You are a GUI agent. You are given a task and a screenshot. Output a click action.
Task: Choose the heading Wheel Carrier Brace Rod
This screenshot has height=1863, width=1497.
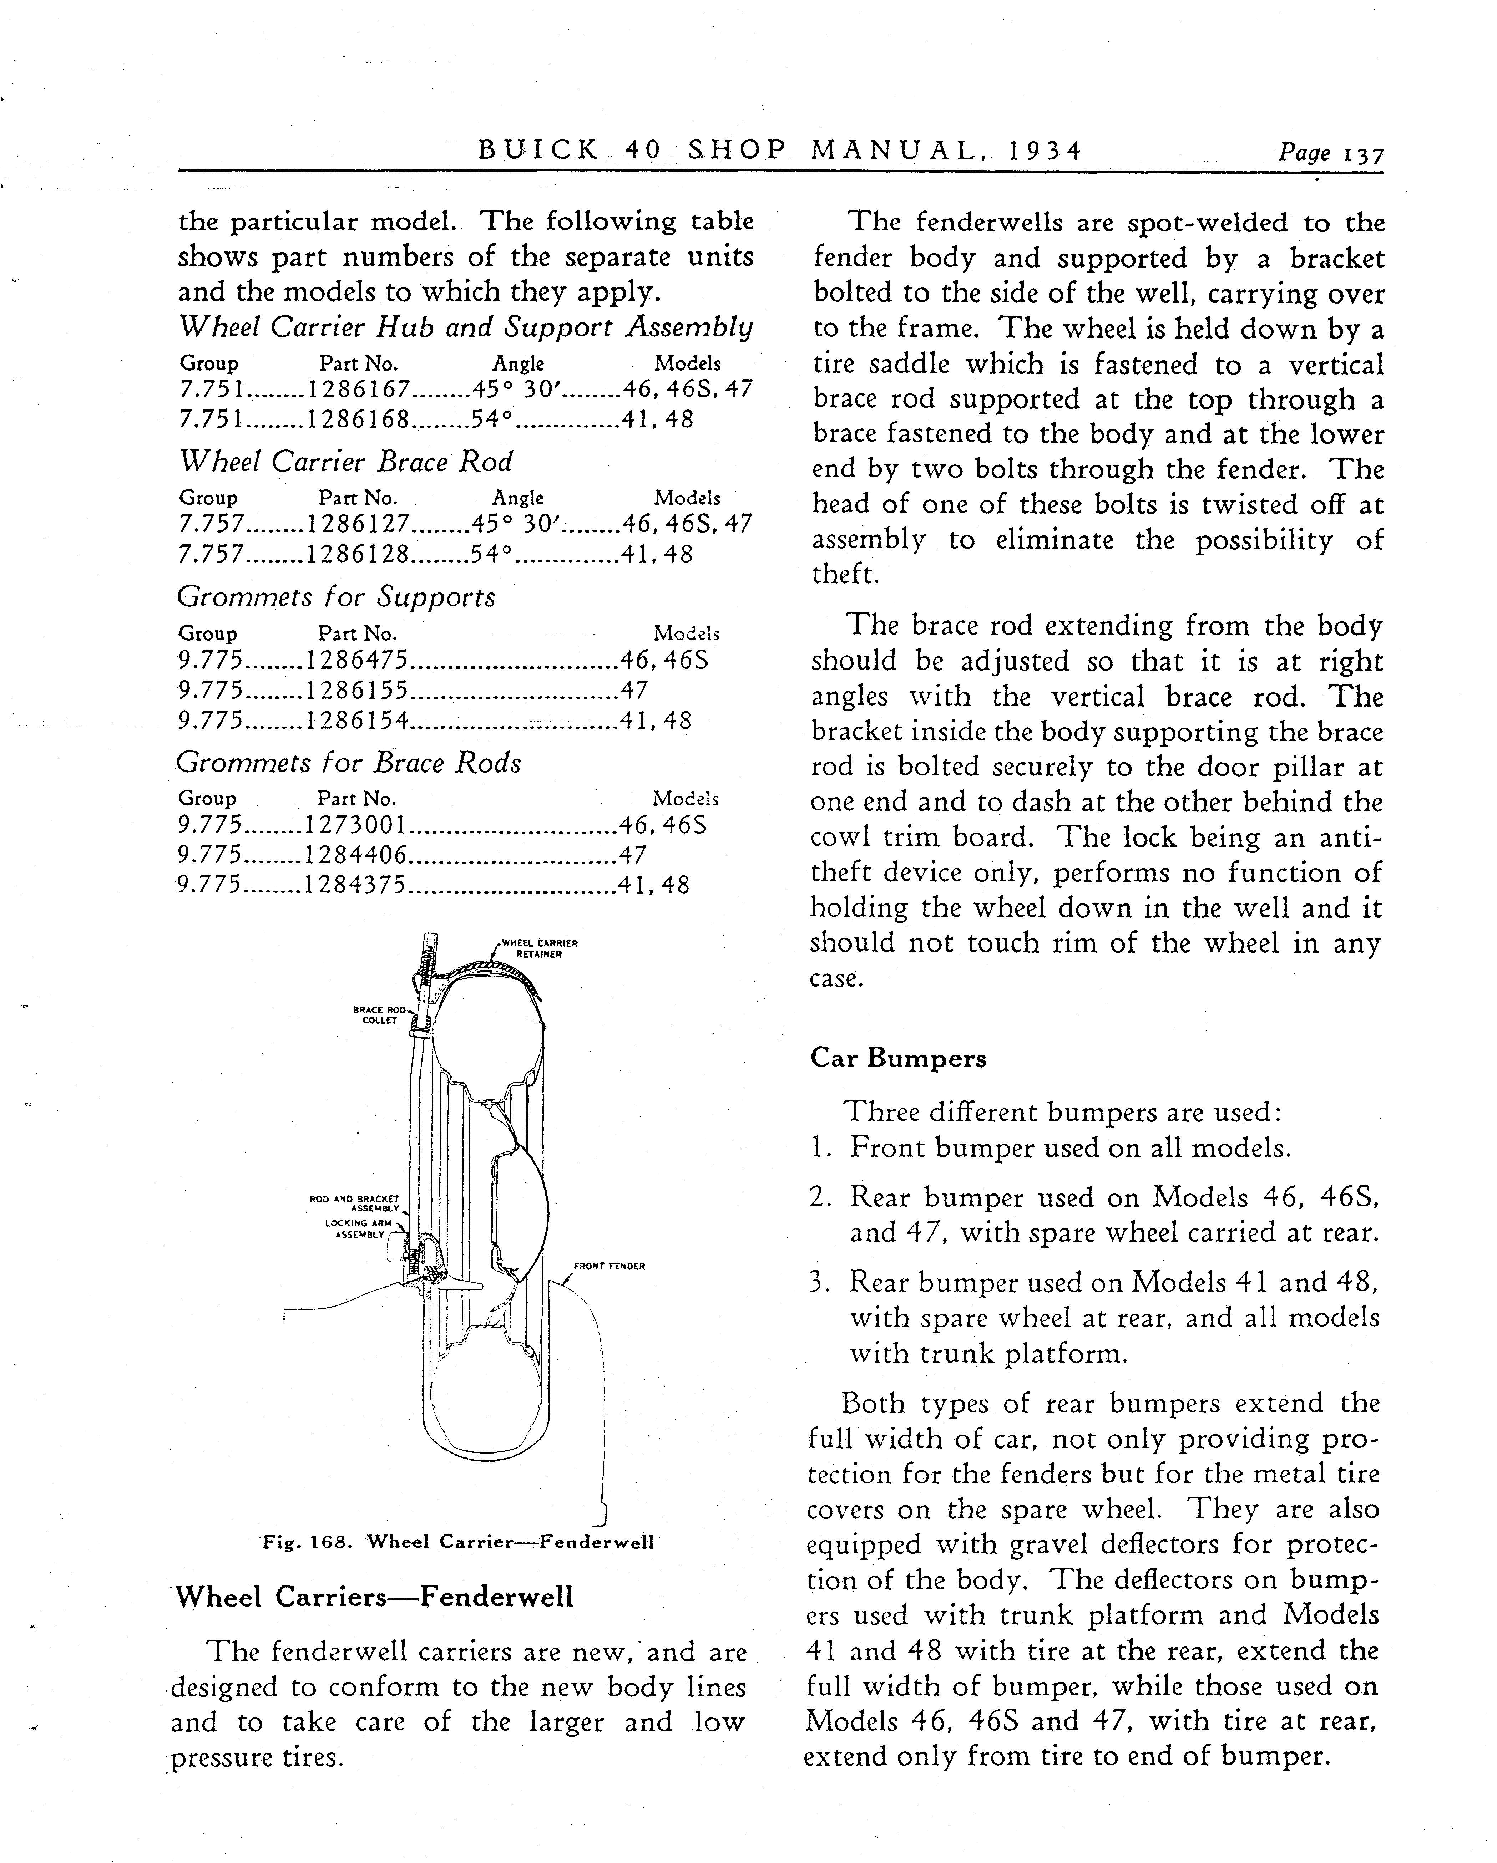click(x=346, y=462)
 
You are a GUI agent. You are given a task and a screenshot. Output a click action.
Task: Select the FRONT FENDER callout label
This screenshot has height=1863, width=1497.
click(x=610, y=1267)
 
